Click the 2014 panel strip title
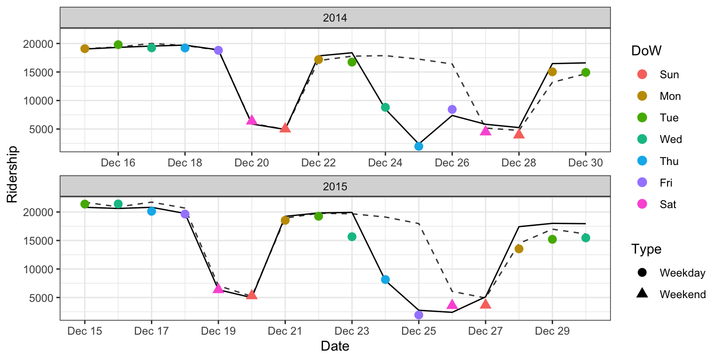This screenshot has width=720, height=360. click(x=335, y=18)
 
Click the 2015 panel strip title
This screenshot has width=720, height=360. click(x=335, y=187)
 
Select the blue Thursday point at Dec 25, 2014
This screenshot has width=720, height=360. click(x=419, y=146)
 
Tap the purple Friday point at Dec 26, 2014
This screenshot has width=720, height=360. click(x=452, y=109)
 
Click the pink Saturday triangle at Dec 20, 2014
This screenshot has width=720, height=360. click(x=252, y=120)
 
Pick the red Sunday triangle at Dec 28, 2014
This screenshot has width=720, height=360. click(x=518, y=134)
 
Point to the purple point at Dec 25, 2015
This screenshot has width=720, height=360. click(x=419, y=315)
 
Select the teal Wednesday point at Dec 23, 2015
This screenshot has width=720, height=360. click(x=352, y=237)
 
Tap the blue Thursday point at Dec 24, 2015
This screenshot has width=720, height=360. click(x=385, y=279)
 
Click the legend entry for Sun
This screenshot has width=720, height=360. click(x=642, y=75)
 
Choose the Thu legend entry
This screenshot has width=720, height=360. click(x=642, y=161)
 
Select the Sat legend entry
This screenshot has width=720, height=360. click(x=642, y=204)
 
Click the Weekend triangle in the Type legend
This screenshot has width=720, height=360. click(x=642, y=294)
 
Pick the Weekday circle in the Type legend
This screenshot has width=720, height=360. click(x=642, y=272)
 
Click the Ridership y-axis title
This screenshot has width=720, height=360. click(x=12, y=174)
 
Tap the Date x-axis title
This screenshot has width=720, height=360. click(x=335, y=346)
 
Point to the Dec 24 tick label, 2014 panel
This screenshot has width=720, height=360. click(x=385, y=163)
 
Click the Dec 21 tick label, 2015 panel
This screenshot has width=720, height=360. click(x=285, y=331)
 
